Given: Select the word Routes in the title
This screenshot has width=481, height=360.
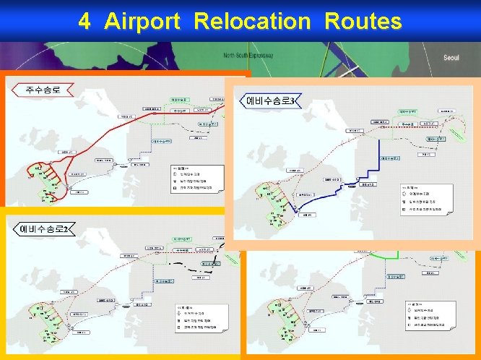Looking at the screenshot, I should click(x=363, y=22).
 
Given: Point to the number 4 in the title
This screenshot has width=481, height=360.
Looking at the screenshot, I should click(x=85, y=22).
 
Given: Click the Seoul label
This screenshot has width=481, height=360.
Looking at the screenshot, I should click(x=451, y=59).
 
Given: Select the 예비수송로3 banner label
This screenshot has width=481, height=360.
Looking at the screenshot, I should click(x=271, y=100).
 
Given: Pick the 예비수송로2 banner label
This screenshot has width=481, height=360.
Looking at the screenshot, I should click(x=43, y=230).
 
